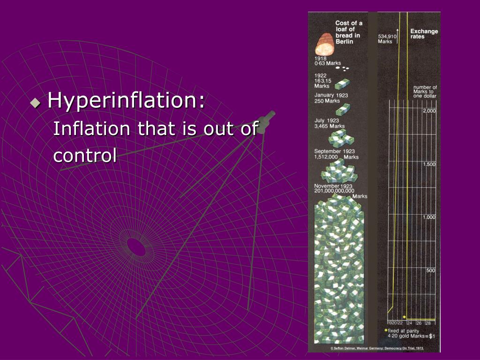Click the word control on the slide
click(85, 156)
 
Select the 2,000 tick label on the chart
click(429, 111)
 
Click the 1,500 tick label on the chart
click(429, 165)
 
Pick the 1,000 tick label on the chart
click(429, 217)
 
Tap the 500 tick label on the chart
click(431, 270)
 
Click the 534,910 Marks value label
click(387, 38)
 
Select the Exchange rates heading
click(424, 34)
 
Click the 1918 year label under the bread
click(321, 59)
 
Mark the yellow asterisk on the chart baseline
click(404, 317)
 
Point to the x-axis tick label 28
click(428, 323)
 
